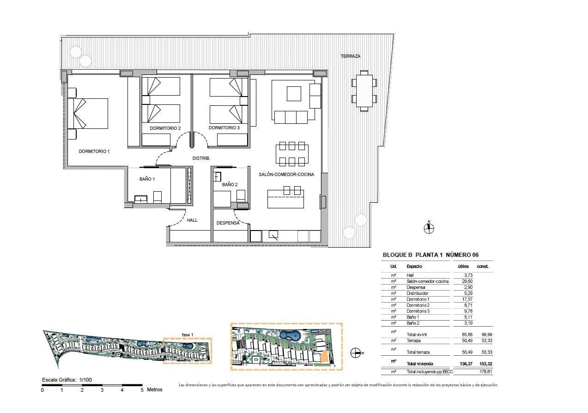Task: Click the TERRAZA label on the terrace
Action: click(350, 56)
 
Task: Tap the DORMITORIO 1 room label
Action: click(94, 151)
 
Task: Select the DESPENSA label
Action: click(228, 223)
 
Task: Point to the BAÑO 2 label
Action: click(230, 185)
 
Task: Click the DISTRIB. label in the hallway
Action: click(201, 158)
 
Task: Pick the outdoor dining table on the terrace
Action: click(364, 91)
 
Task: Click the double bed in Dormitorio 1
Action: click(88, 114)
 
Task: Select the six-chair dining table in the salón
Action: click(292, 154)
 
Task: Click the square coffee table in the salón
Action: click(294, 94)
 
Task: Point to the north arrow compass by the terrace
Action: click(429, 228)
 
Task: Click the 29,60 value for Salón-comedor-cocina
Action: click(467, 281)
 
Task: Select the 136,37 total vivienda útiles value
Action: click(466, 364)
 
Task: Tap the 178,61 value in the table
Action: click(485, 371)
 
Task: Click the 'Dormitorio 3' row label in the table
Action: click(418, 311)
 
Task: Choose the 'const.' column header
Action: click(483, 266)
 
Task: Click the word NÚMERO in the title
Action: click(458, 255)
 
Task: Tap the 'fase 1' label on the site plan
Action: click(188, 335)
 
